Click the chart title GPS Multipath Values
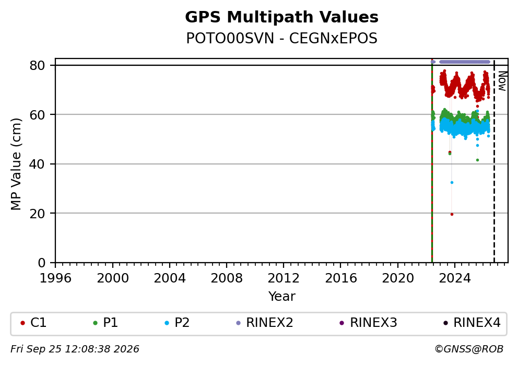coord(281,17)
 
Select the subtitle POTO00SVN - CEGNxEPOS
coord(281,39)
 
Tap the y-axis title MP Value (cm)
coord(16,164)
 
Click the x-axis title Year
coord(281,296)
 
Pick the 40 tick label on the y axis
coord(37,164)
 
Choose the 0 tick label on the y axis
coord(42,263)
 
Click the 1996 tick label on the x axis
coord(55,278)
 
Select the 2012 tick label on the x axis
coord(284,278)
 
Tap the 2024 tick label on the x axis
coord(455,278)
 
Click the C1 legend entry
coord(33,323)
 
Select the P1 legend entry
coord(105,323)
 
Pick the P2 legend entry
coord(177,323)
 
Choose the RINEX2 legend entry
coord(265,323)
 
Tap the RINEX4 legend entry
coord(472,323)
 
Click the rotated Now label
coord(502,81)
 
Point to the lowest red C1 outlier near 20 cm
coord(452,215)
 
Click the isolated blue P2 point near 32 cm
coord(452,182)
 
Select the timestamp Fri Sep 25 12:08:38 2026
coord(75,349)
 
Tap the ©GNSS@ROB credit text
coord(469,349)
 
